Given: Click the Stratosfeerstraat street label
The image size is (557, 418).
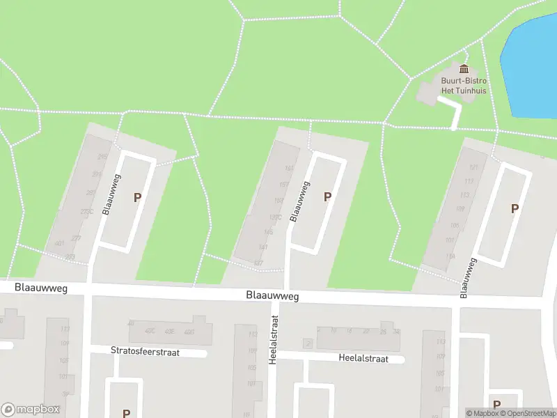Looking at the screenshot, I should [x=145, y=352].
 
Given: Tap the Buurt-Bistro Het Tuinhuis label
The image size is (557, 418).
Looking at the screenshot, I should [x=463, y=86].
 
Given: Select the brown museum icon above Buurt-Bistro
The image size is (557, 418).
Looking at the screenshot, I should [x=464, y=68].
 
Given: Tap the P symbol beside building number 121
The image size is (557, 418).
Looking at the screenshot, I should [x=515, y=208].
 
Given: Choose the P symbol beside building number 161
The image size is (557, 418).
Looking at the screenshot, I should [x=327, y=197].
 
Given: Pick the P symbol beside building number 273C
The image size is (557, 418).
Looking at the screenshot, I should [x=138, y=198].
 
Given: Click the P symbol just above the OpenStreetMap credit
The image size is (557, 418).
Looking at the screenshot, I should [x=496, y=405].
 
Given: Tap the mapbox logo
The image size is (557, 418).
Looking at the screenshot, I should [x=29, y=410].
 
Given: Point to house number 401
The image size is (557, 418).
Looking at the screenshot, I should [x=59, y=244].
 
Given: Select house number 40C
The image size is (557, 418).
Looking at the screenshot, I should [x=150, y=331].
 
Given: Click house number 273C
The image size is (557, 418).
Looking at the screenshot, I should [x=87, y=212].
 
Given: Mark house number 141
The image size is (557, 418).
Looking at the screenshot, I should [x=262, y=247].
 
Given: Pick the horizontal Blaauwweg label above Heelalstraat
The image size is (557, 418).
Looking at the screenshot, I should [x=272, y=296].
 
